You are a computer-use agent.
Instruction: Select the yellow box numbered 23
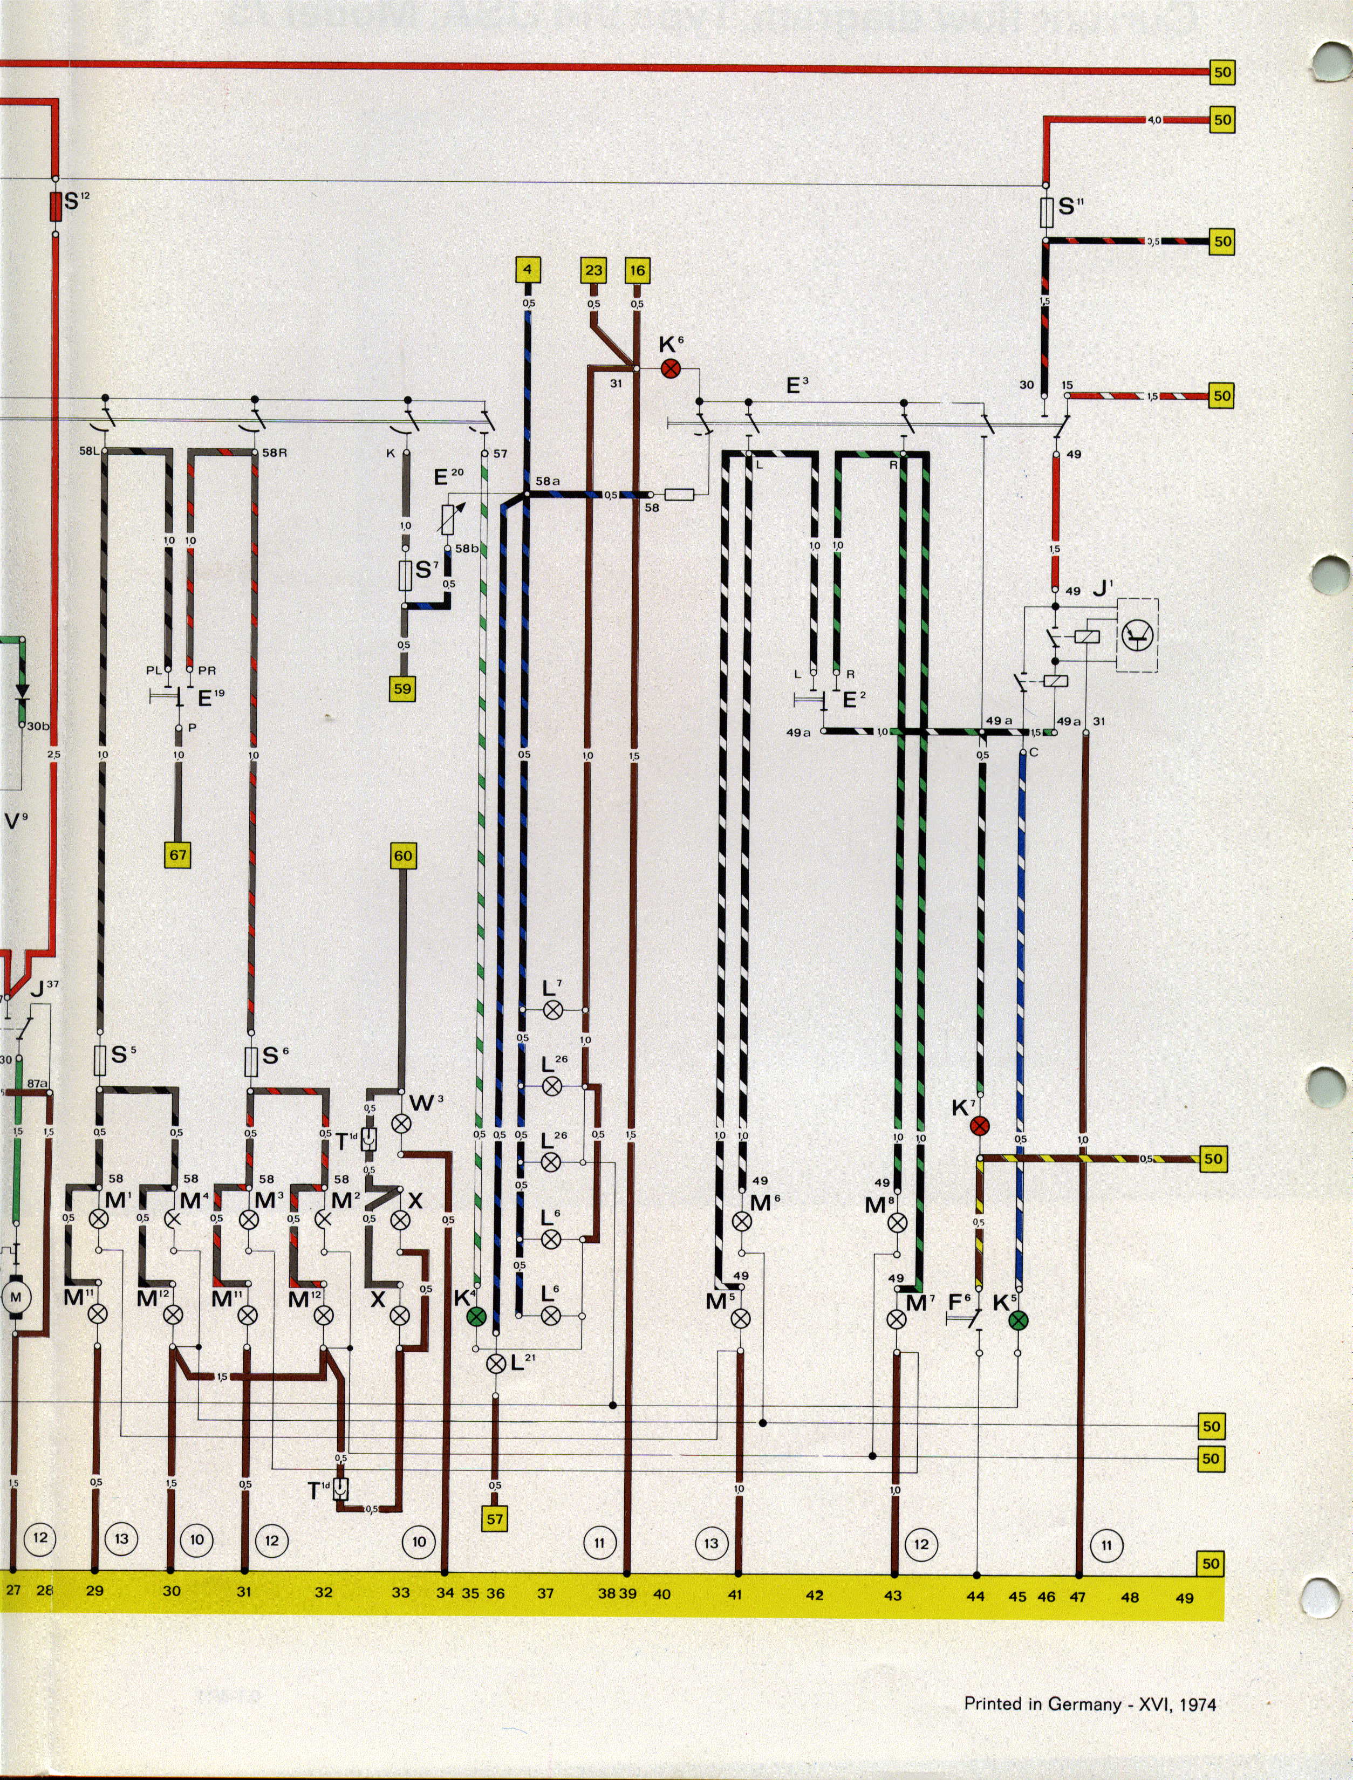click(593, 270)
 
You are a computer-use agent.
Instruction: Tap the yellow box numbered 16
click(637, 270)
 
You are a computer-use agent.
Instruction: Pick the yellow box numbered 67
click(178, 854)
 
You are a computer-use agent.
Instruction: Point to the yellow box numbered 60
click(402, 856)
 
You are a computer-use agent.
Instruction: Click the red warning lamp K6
click(670, 369)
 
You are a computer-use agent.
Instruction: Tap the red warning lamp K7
click(979, 1126)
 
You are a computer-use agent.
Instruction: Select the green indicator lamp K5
click(1019, 1319)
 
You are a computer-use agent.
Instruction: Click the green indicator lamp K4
click(477, 1316)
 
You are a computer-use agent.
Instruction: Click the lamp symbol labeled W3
click(401, 1124)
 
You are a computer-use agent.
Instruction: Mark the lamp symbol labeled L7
click(552, 1011)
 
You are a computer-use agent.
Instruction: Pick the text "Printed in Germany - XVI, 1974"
click(1090, 1704)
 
